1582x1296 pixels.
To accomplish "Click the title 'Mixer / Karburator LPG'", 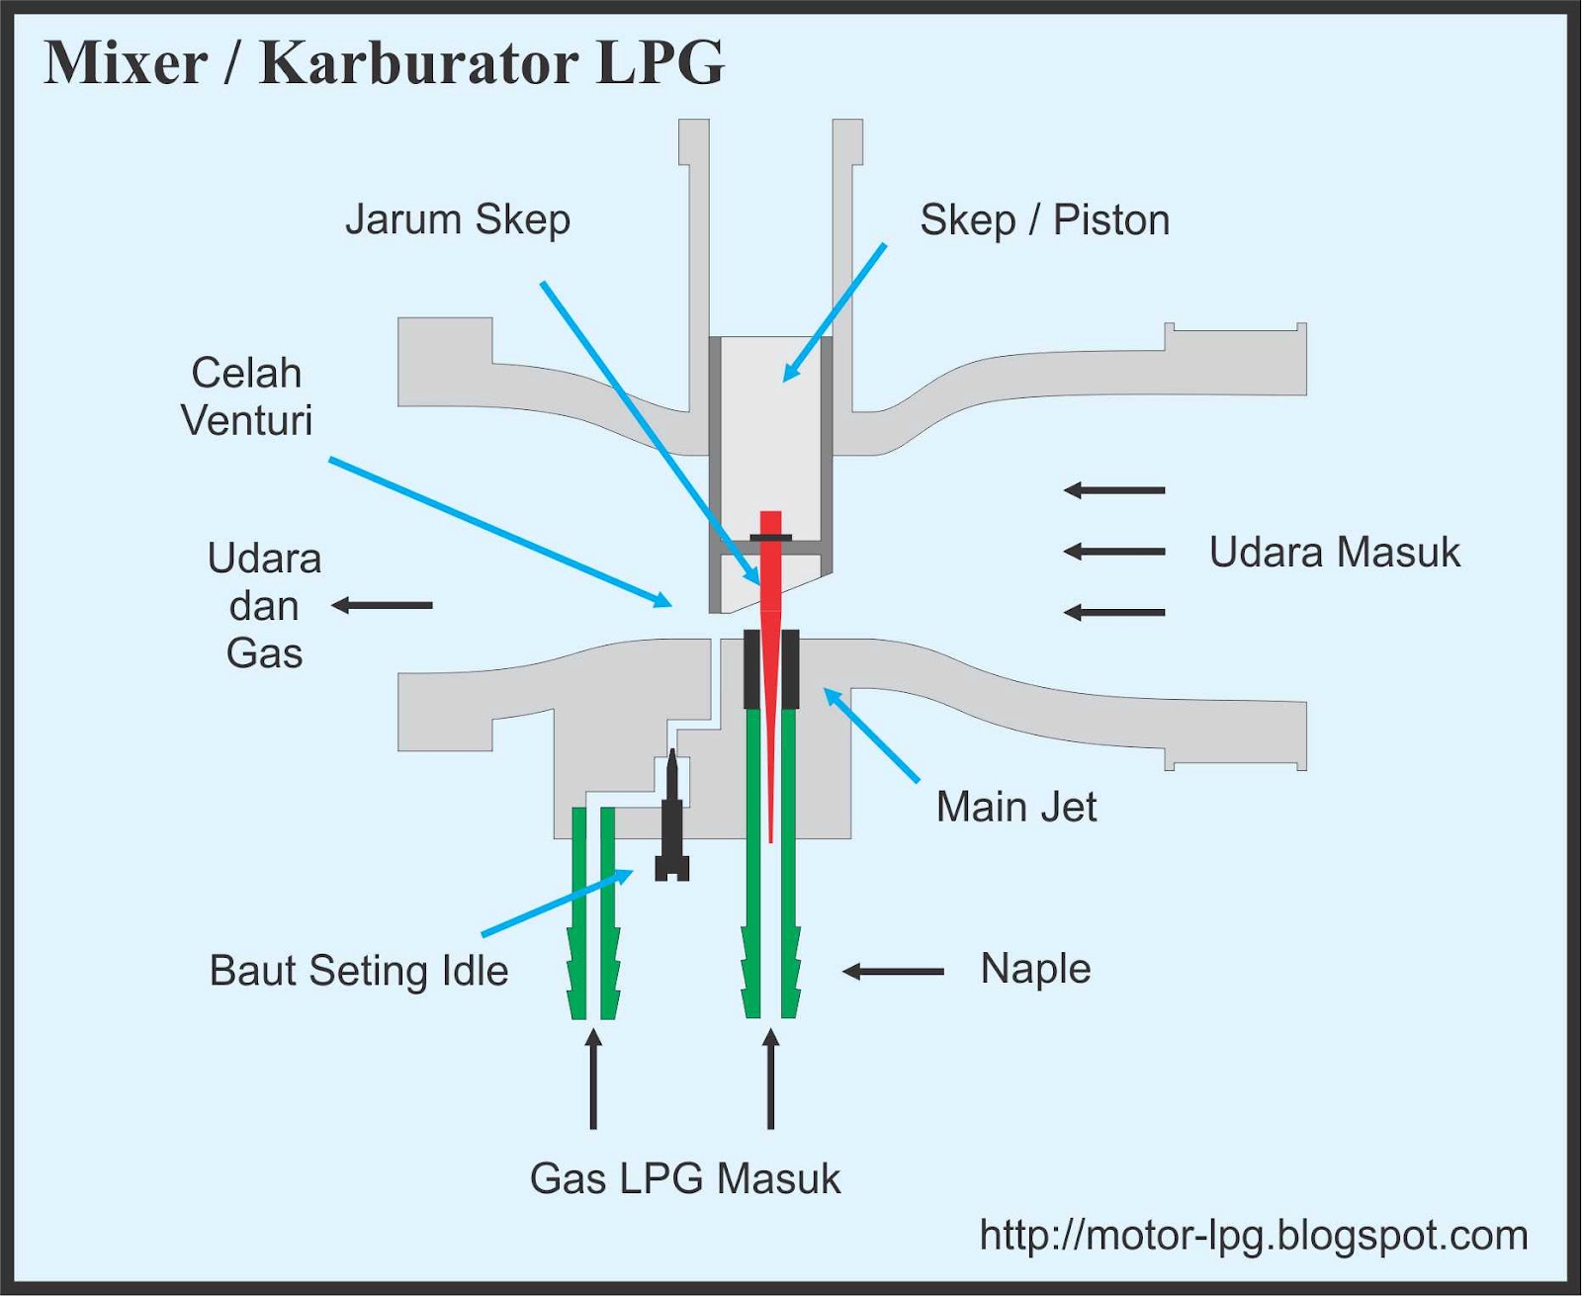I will pos(384,63).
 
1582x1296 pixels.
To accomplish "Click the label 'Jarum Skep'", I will pos(457,219).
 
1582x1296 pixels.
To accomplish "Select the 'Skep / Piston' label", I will pos(1044,219).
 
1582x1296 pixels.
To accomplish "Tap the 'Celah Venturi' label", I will pos(246,396).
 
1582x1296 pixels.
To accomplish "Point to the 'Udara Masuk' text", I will pos(1334,552).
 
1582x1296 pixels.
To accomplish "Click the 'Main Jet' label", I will pos(1015,807).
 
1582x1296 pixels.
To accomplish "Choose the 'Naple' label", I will pos(1035,968).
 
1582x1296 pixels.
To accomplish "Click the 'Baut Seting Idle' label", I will pos(358,970).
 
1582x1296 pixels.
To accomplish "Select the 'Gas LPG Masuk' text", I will pos(684,1178).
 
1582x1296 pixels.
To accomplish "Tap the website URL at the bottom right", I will pos(1253,1235).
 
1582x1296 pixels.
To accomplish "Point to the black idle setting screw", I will pos(672,821).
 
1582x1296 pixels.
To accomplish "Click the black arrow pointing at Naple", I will pos(893,972).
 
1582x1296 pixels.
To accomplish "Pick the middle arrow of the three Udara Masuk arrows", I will pos(1114,552).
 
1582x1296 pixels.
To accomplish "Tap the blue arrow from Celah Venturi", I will pos(499,532).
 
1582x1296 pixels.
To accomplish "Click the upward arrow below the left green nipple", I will pos(593,1080).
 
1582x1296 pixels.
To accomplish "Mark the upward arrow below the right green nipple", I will pos(770,1080).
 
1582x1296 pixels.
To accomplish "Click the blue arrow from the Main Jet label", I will pos(872,736).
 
